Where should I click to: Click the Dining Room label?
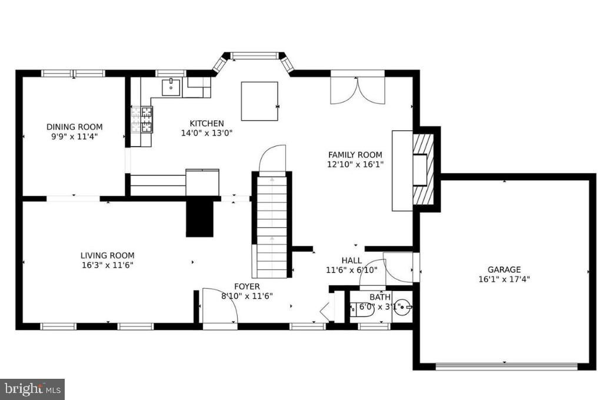(x=74, y=127)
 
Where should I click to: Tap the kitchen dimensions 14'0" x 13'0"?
(x=207, y=133)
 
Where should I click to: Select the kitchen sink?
(x=171, y=87)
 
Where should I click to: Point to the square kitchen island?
(x=259, y=101)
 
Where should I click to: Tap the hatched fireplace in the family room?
(x=423, y=169)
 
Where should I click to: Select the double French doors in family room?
(x=357, y=89)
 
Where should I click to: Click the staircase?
(x=272, y=224)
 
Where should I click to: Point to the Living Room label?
(x=107, y=255)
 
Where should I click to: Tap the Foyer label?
(x=247, y=286)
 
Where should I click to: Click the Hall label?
(x=352, y=260)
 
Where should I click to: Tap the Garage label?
(x=504, y=270)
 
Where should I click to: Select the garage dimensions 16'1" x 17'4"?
(x=504, y=280)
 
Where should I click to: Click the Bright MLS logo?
(x=32, y=389)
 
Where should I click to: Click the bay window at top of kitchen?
(x=254, y=57)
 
